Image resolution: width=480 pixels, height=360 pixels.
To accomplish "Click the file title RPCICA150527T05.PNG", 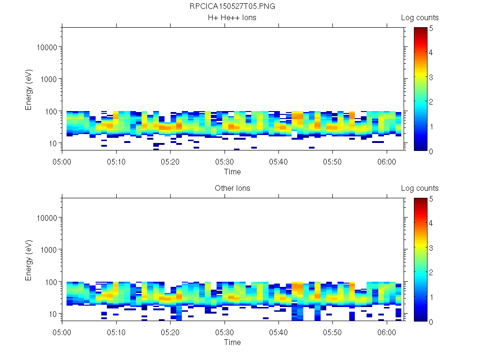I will point(232,7).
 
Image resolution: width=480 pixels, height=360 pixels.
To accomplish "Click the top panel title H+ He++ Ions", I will point(232,18).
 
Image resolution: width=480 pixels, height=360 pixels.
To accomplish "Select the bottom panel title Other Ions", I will point(232,188).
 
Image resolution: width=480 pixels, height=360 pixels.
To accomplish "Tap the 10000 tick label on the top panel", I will point(46,47).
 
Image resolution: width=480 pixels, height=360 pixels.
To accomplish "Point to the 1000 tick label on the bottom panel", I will point(48,250).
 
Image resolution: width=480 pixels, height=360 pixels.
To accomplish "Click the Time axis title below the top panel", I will point(232,172).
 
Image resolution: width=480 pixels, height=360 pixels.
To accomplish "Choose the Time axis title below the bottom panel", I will point(232,342).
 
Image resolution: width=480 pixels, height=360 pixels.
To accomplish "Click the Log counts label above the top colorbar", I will point(420,18).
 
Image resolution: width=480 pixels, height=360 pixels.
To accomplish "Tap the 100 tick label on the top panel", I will point(50,111).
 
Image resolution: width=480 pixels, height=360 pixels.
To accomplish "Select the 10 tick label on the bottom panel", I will point(52,314).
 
